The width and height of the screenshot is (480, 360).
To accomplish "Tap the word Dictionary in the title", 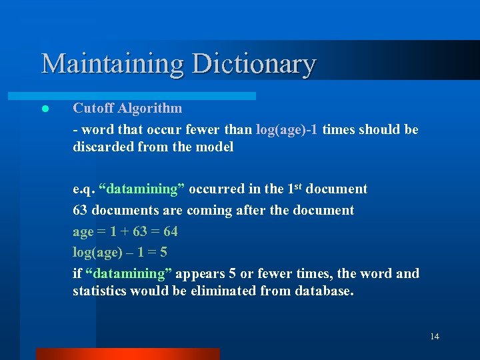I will (254, 64).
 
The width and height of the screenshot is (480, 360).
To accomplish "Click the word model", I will (215, 147).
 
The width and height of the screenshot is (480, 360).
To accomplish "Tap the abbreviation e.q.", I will (83, 189).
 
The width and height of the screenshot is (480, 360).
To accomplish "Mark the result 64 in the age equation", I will (170, 231).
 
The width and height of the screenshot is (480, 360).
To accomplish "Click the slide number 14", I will (435, 337).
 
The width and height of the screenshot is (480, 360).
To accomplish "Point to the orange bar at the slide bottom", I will (127, 353).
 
